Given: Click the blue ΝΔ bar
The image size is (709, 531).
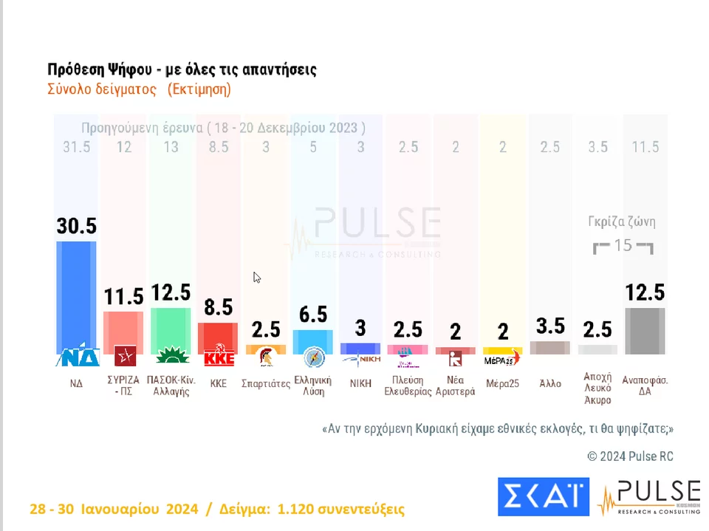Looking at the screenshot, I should pos(77,295).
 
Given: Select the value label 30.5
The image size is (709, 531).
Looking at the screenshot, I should pos(77,225).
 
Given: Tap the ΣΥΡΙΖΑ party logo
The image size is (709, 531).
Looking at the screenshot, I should pos(125,358).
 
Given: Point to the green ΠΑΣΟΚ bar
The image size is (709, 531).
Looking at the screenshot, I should pos(171,329).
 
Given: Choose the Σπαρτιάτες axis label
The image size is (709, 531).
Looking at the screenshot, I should pos(266,384).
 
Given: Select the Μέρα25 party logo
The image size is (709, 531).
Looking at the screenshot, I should pos(502,359).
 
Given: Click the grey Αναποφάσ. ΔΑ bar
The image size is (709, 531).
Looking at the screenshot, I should pos(645,330).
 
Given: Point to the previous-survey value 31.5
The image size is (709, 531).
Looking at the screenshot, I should pos(77,147).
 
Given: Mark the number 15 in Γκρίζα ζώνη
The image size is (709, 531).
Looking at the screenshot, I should pos(623,244).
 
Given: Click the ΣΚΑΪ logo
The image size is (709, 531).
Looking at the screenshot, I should pos(543,496).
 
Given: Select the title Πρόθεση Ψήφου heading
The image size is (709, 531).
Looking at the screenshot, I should pos(182,70).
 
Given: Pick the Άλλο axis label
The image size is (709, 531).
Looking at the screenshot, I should pos(550,383).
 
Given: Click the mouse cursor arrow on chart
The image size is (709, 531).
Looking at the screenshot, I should pos(256,278).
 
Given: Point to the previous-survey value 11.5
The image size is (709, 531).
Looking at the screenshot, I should pos(645,147).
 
